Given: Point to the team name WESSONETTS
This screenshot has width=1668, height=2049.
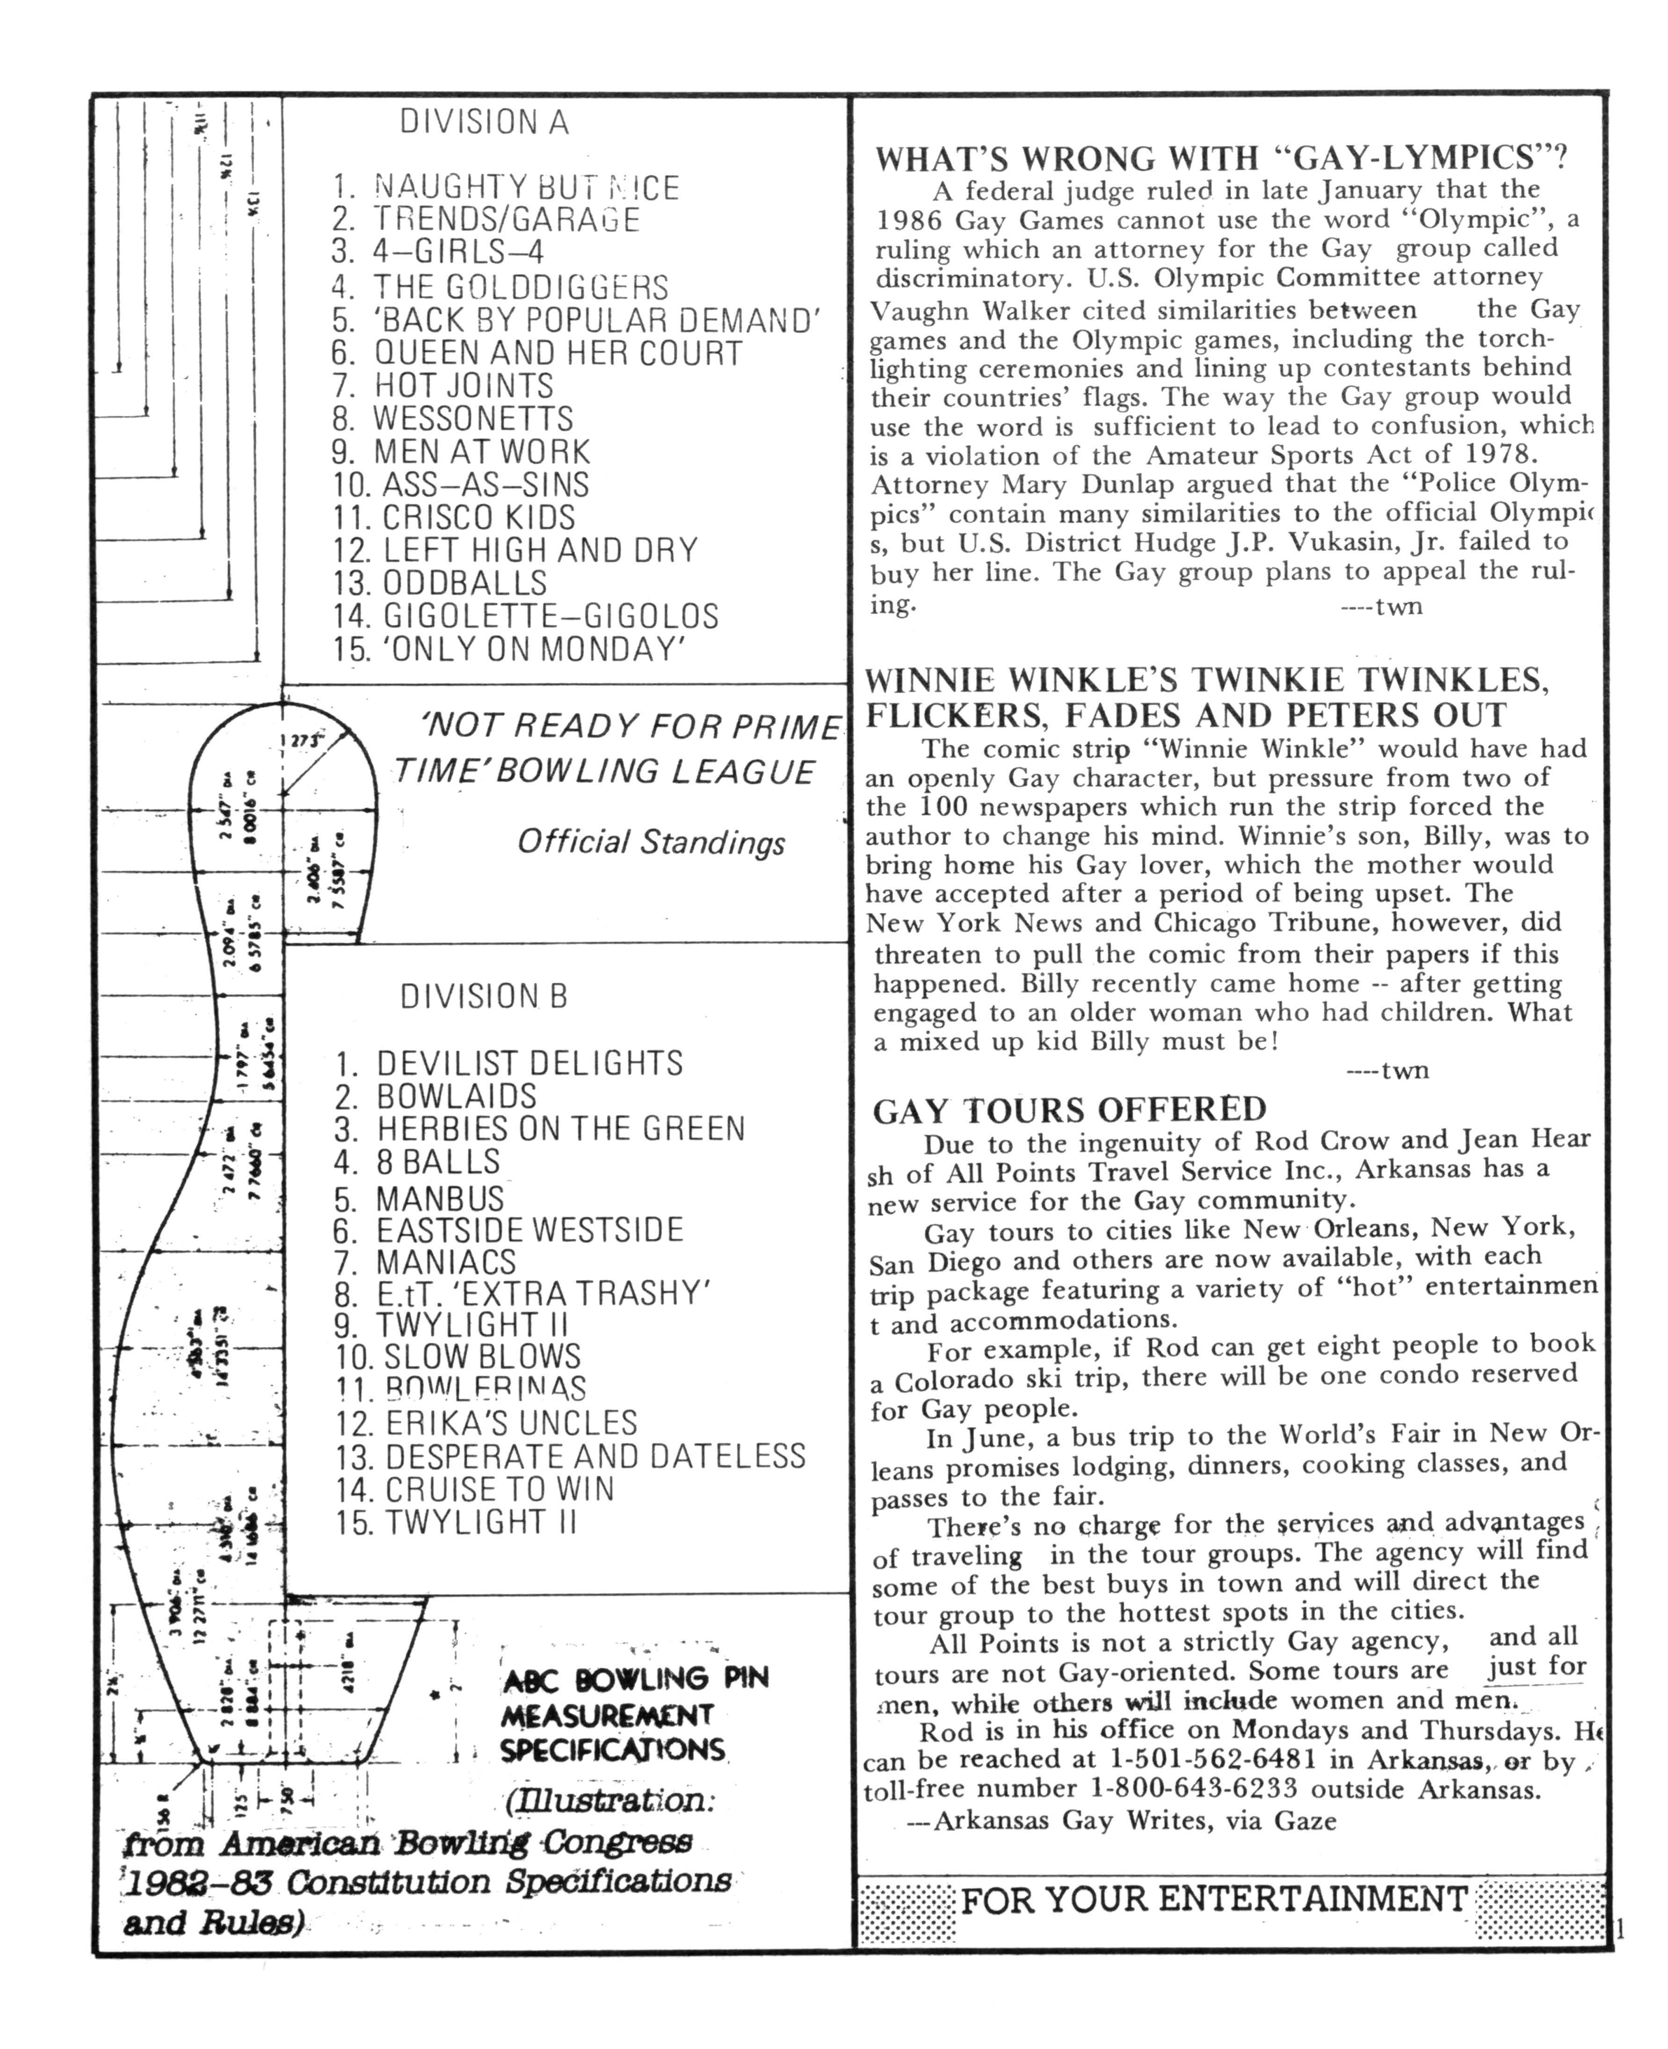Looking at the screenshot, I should tap(473, 419).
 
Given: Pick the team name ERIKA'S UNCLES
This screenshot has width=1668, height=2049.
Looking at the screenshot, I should tap(511, 1423).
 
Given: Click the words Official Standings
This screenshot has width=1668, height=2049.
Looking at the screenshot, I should tap(651, 842).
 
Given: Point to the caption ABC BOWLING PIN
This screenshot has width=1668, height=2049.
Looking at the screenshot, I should tap(635, 1679).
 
